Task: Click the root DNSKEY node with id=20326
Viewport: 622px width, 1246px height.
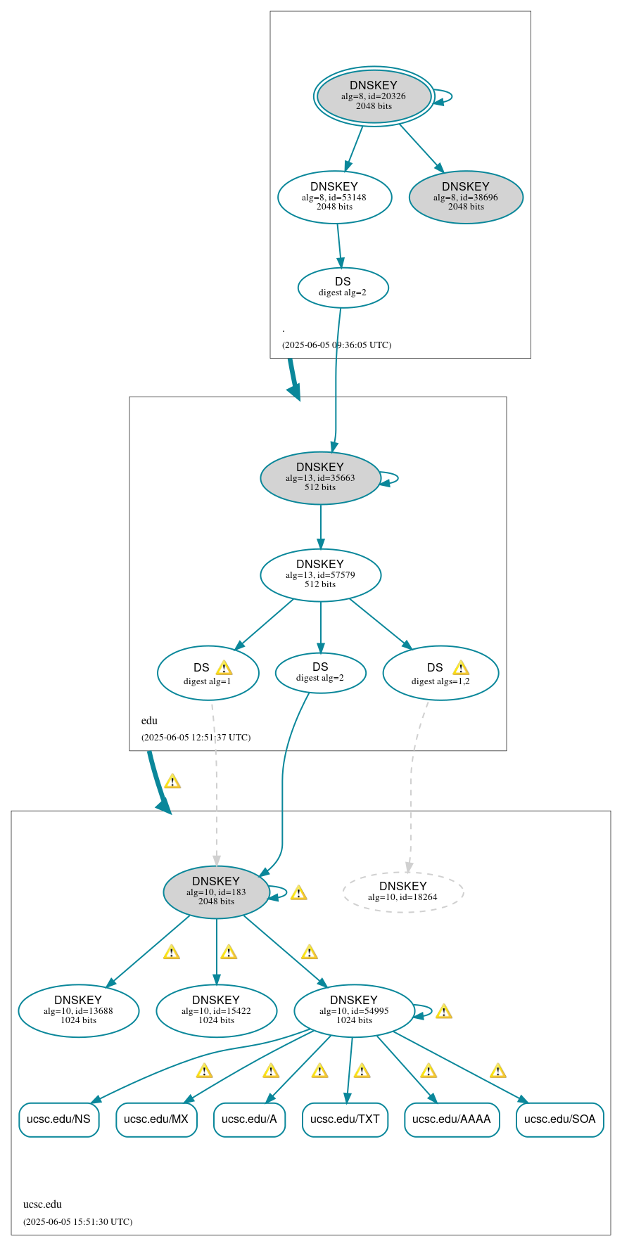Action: click(374, 96)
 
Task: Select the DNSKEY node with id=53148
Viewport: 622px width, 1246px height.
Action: click(334, 197)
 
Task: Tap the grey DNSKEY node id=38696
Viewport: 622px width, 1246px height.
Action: click(466, 197)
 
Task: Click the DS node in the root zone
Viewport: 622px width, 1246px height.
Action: click(343, 287)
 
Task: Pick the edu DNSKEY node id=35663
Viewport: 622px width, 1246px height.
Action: click(320, 477)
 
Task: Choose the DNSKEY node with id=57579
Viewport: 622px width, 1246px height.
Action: click(320, 574)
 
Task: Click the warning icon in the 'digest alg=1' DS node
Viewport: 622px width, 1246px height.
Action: click(224, 668)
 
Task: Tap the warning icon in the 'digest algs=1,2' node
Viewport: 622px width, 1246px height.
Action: click(461, 668)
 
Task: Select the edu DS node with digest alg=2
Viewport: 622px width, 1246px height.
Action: click(320, 672)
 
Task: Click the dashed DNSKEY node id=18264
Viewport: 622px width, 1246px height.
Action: click(403, 892)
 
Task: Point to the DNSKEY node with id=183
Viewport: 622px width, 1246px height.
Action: click(216, 892)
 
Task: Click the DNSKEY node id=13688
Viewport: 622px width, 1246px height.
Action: click(78, 1010)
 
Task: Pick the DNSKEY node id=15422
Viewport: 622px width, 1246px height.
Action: click(216, 1010)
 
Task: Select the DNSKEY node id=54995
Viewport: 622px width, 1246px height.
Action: click(354, 1010)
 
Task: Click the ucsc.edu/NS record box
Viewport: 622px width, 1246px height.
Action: click(58, 1119)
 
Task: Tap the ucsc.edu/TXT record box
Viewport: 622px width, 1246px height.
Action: click(345, 1119)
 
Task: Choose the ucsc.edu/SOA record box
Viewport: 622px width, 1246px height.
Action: click(559, 1119)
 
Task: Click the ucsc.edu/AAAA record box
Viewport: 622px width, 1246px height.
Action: click(452, 1119)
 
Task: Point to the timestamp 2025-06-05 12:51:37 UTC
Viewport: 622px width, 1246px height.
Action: click(196, 738)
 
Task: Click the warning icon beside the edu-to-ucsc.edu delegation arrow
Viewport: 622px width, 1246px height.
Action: click(172, 781)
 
